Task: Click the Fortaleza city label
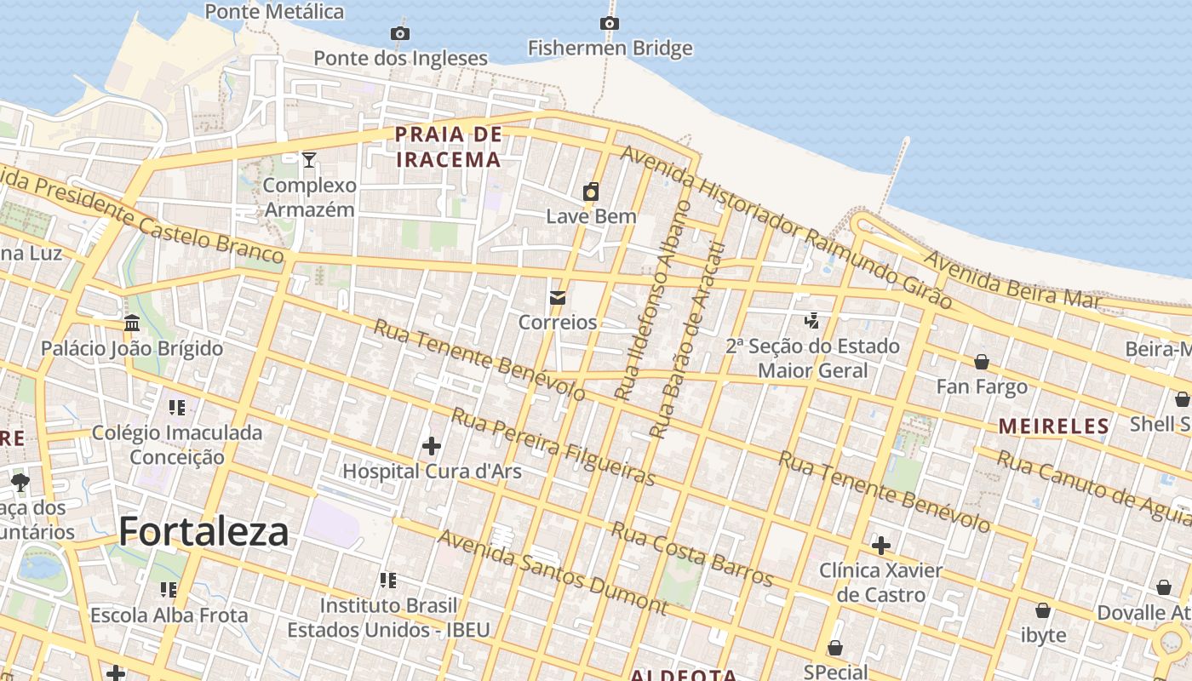click(x=203, y=531)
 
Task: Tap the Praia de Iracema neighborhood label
click(x=448, y=146)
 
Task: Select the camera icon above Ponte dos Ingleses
click(x=400, y=33)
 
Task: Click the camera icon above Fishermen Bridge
click(x=610, y=23)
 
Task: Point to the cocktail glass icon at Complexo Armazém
click(x=309, y=159)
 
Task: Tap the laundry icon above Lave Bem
click(x=591, y=192)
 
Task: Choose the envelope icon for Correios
click(x=558, y=298)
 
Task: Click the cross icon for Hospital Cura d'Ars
click(x=432, y=445)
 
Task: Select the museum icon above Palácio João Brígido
click(x=132, y=323)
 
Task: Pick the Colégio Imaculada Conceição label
click(x=177, y=444)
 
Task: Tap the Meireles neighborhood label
click(x=1054, y=426)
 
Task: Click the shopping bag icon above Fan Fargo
click(x=982, y=362)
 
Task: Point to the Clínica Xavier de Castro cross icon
click(x=881, y=545)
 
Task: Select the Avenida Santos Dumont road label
click(x=552, y=572)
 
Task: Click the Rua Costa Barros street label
click(x=691, y=554)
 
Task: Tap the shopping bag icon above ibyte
click(x=1043, y=610)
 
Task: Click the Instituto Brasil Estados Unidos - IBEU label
click(x=388, y=617)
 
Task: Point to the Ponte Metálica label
click(x=274, y=11)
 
